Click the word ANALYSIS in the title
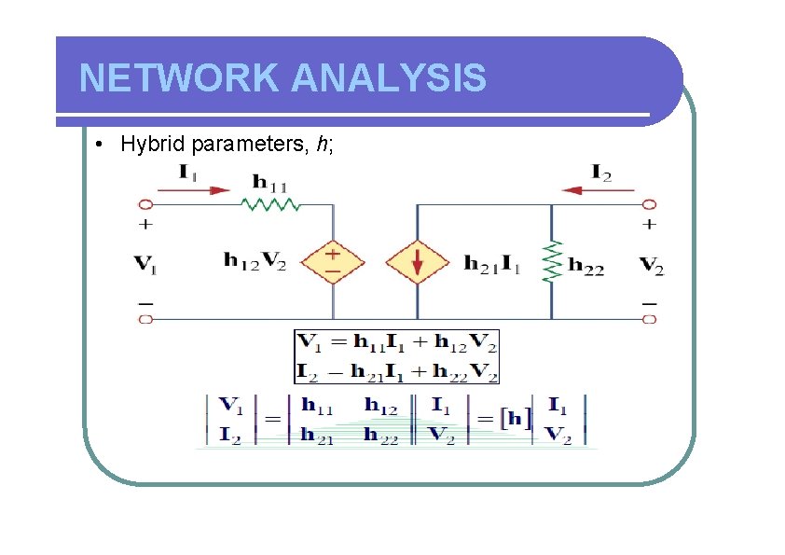pyautogui.click(x=389, y=78)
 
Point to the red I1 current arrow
pyautogui.click(x=193, y=190)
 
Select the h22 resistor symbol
pyautogui.click(x=552, y=262)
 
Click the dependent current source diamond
pyautogui.click(x=417, y=262)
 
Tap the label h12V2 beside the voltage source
pyautogui.click(x=255, y=260)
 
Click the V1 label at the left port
pyautogui.click(x=145, y=264)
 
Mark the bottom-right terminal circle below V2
pyautogui.click(x=650, y=319)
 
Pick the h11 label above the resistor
pyautogui.click(x=271, y=182)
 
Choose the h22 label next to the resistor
pyautogui.click(x=587, y=268)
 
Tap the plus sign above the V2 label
pyautogui.click(x=650, y=224)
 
